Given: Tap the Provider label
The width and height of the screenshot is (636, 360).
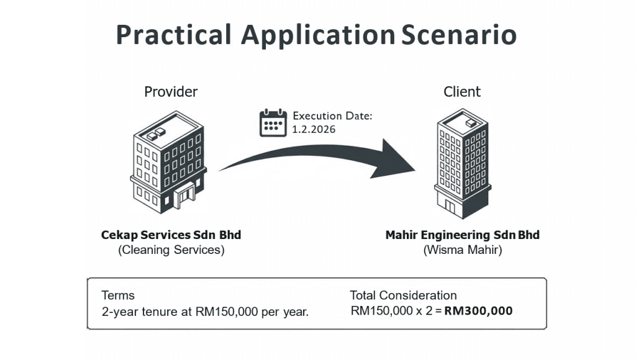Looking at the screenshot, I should [x=171, y=92].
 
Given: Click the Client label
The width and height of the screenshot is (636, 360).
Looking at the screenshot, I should [x=461, y=92].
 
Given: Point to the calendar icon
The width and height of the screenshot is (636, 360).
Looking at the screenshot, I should [x=273, y=122].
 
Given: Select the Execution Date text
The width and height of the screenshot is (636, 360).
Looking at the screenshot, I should [x=332, y=115].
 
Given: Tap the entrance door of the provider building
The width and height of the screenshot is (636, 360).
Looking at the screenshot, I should [x=184, y=199].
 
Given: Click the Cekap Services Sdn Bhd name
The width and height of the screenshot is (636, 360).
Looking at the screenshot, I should [x=171, y=235].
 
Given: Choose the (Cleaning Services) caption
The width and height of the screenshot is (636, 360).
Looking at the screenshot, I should [x=171, y=250].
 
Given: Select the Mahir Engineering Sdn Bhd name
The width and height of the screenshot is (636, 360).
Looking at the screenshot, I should [x=462, y=235].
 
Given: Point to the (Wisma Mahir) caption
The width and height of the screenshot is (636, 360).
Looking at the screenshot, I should [x=462, y=250].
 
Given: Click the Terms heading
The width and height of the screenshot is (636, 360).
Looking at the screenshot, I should [x=118, y=295].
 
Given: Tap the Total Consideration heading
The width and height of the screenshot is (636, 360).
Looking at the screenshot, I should [x=403, y=295].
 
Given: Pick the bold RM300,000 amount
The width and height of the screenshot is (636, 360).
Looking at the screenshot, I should [x=478, y=311].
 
